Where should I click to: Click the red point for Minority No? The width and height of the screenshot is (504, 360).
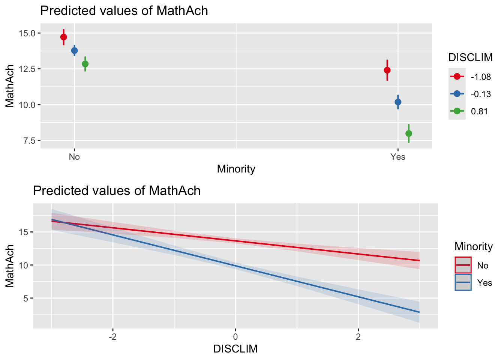pyautogui.click(x=64, y=37)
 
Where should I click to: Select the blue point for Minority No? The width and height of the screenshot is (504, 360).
pyautogui.click(x=74, y=50)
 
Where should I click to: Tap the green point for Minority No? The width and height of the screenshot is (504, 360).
pyautogui.click(x=85, y=64)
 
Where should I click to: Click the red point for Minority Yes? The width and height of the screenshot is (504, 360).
pyautogui.click(x=387, y=70)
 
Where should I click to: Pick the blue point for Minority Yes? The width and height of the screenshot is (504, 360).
pyautogui.click(x=398, y=102)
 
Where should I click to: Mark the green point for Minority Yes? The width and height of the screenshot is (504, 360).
pyautogui.click(x=409, y=133)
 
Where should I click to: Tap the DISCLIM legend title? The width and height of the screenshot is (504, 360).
pyautogui.click(x=471, y=57)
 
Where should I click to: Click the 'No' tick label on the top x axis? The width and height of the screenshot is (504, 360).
pyautogui.click(x=74, y=157)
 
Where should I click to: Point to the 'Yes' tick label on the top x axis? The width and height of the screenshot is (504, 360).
pyautogui.click(x=398, y=157)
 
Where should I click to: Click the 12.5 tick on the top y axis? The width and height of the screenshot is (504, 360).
pyautogui.click(x=27, y=69)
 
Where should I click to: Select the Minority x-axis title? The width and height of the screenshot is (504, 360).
pyautogui.click(x=236, y=169)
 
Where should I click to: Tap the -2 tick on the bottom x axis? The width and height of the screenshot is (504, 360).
pyautogui.click(x=112, y=336)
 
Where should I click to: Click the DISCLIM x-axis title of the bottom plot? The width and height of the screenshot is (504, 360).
pyautogui.click(x=235, y=349)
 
